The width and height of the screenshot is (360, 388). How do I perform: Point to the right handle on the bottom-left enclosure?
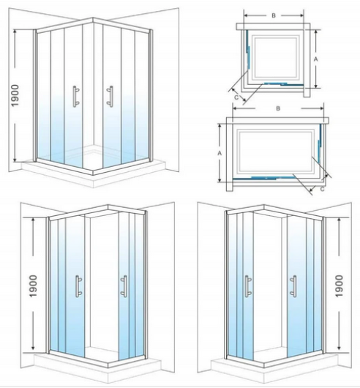[124, 286]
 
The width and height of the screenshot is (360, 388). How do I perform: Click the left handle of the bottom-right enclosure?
[246, 286]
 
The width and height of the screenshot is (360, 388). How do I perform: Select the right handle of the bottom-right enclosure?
[293, 286]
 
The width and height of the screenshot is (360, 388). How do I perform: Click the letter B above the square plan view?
[273, 15]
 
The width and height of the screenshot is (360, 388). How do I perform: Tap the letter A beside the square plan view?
[315, 58]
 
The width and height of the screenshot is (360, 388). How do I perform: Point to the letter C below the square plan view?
[236, 94]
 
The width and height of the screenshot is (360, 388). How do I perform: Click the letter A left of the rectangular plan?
[220, 153]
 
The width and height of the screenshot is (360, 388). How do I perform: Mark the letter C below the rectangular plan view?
[323, 188]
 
